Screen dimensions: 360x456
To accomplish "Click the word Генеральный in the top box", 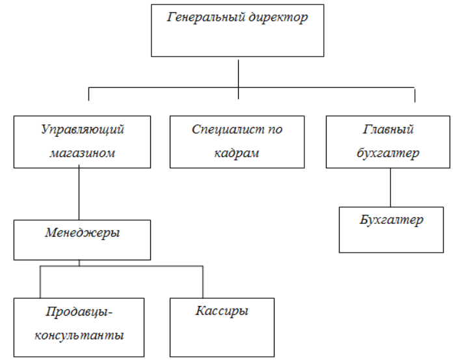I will click(x=206, y=18).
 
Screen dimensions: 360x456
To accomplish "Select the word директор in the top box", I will click(x=278, y=18).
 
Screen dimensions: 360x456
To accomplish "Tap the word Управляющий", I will click(x=83, y=129).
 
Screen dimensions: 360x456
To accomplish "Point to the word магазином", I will click(x=83, y=154).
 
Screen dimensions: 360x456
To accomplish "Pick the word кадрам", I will click(x=237, y=154).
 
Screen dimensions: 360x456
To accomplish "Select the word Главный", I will click(x=388, y=129).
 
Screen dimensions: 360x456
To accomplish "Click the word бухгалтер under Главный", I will click(x=388, y=154).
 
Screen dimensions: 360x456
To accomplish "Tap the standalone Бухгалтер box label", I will click(x=391, y=219).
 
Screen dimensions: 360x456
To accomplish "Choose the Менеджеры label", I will click(x=83, y=232).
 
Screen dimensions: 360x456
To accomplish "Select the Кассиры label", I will click(x=222, y=311).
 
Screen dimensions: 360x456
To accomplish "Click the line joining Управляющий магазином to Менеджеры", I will click(x=79, y=194).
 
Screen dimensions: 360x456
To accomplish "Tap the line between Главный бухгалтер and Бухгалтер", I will click(x=390, y=187).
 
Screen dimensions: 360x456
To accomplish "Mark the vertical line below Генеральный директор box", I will click(x=239, y=72).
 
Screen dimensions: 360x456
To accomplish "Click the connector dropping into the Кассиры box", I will click(x=203, y=282).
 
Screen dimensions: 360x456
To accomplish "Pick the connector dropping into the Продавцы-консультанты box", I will click(x=40, y=282).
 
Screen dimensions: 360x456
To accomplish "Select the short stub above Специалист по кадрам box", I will click(x=239, y=93).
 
